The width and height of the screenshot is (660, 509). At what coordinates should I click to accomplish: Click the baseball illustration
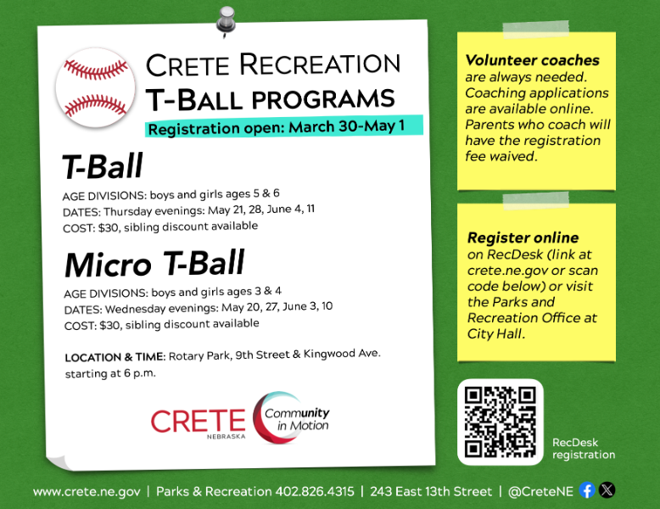tap(95, 88)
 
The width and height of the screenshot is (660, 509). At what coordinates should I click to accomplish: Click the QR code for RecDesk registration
tap(500, 422)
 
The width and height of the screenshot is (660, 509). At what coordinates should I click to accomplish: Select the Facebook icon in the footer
tap(587, 490)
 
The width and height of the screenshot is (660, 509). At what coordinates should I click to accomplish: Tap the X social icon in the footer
tap(607, 490)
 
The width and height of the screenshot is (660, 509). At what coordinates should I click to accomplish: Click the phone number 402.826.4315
tap(315, 491)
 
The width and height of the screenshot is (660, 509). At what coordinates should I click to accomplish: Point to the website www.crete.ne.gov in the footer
tap(87, 491)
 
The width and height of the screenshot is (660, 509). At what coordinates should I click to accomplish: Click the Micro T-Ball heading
tap(154, 265)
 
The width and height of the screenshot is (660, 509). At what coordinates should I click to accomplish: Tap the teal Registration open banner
tap(284, 127)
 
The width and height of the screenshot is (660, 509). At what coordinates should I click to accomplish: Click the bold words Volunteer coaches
tap(532, 60)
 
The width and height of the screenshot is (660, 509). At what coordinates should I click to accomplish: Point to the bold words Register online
tap(523, 238)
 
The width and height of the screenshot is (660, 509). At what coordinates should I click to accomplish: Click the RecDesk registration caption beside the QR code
tap(583, 449)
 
